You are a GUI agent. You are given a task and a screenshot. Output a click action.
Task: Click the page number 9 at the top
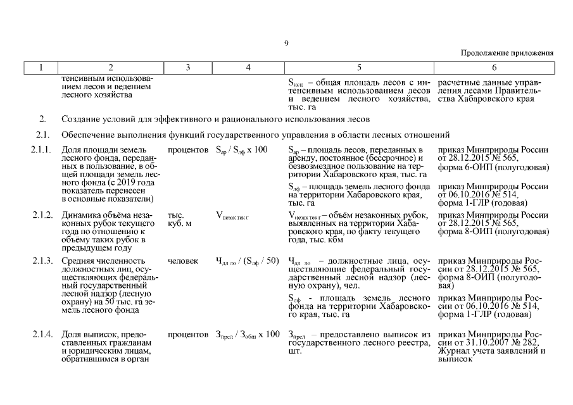pyautogui.click(x=286, y=43)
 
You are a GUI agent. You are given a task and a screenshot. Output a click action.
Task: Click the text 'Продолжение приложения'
pyautogui.click(x=507, y=53)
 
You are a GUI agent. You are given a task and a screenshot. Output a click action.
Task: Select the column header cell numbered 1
pyautogui.click(x=40, y=66)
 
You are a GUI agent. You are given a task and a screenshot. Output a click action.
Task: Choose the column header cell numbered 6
pyautogui.click(x=494, y=66)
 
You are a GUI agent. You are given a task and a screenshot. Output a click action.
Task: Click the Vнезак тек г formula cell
pyautogui.click(x=232, y=216)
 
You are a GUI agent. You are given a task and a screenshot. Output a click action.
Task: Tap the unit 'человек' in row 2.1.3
pyautogui.click(x=183, y=261)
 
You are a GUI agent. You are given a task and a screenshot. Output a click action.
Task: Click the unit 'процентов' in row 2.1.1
pyautogui.click(x=188, y=150)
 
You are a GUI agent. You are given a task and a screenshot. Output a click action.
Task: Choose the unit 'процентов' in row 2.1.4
pyautogui.click(x=188, y=334)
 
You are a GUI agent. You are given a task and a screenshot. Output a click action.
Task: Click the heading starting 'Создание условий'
pyautogui.click(x=215, y=119)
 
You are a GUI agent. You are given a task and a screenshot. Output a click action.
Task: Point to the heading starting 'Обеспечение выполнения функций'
pyautogui.click(x=255, y=135)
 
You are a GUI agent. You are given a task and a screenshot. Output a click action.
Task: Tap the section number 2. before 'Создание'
pyautogui.click(x=42, y=119)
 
